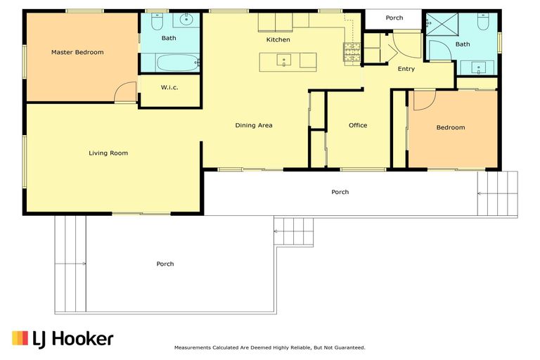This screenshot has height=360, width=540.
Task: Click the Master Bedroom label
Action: click(77, 52)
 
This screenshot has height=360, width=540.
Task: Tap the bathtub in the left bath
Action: click(178, 63)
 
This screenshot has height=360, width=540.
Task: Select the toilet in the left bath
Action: click(157, 21)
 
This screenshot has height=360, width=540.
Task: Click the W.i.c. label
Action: click(169, 87)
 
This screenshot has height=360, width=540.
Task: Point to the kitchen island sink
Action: click(284, 60)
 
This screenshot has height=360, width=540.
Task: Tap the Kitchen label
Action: click(278, 39)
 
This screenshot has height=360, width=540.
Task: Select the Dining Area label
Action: click(254, 125)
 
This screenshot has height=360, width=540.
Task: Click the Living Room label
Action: click(108, 153)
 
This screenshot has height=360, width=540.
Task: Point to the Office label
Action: click(358, 125)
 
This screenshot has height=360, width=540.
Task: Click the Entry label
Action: click(406, 69)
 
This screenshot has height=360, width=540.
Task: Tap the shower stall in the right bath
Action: click(442, 24)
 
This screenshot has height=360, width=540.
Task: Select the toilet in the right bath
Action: click(483, 21)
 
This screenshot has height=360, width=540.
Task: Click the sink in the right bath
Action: click(479, 68)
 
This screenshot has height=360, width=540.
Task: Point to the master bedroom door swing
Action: click(125, 91)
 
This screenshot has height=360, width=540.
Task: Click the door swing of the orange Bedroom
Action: click(425, 101)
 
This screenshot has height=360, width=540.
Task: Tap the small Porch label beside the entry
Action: click(394, 18)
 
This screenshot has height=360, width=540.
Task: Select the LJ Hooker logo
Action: click(63, 339)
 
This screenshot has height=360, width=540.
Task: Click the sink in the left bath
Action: click(186, 20)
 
